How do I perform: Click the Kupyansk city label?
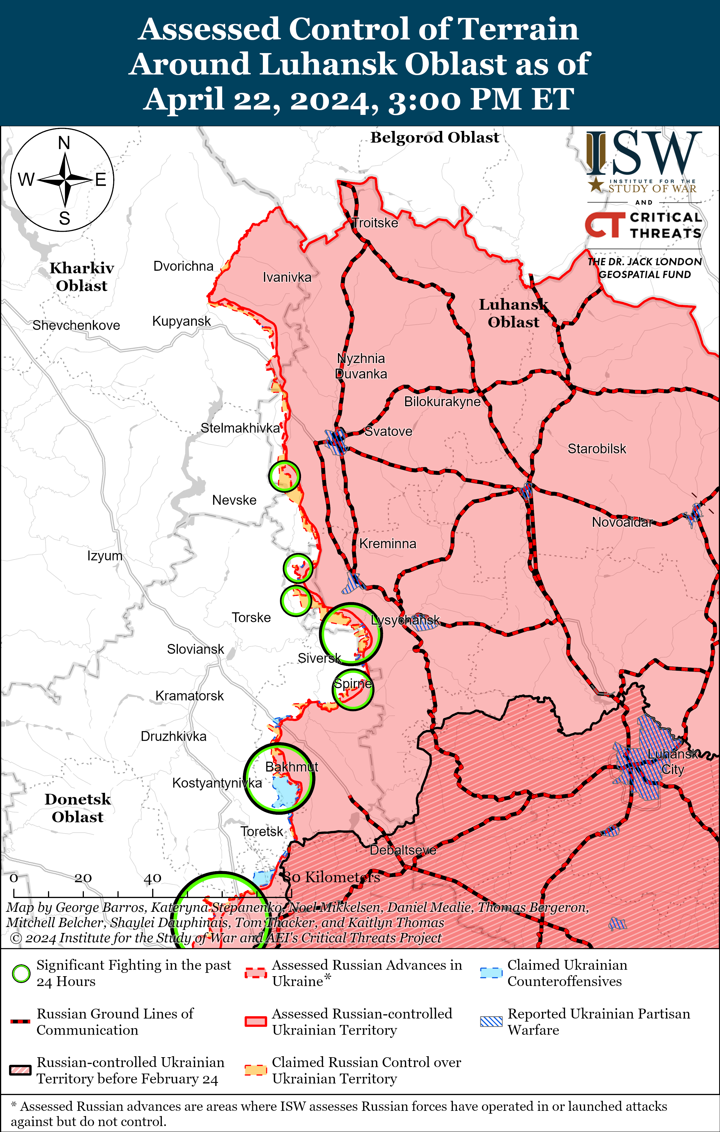[x=182, y=321]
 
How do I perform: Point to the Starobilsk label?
[x=597, y=449]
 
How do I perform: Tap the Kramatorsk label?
[x=189, y=696]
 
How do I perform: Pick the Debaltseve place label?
[x=403, y=850]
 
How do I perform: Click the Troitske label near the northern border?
[x=375, y=223]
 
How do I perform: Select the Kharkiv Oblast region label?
[x=82, y=277]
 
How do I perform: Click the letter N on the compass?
[x=64, y=143]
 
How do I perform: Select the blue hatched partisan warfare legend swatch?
[x=491, y=1022]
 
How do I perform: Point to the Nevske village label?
[x=234, y=500]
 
